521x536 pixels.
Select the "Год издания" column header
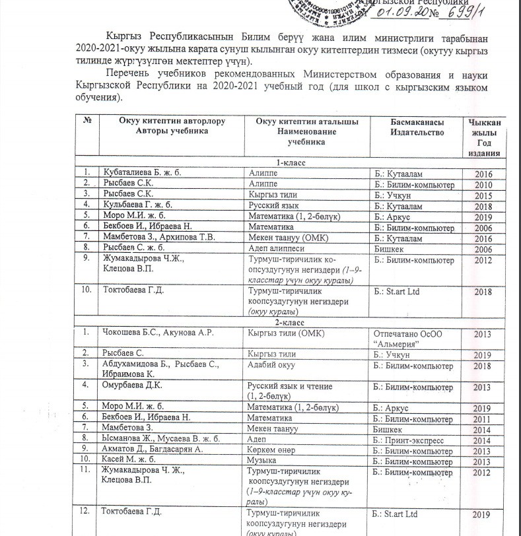pos(483,138)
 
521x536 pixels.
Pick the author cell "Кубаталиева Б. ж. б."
pos(141,174)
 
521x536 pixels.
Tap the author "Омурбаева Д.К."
pos(131,385)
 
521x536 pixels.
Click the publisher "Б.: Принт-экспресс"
pos(409,439)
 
